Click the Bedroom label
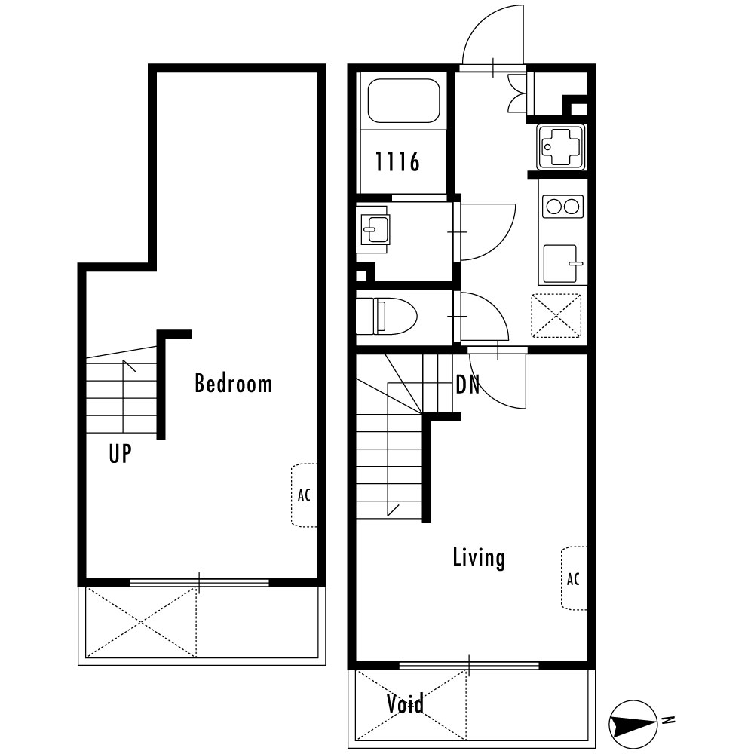pos(233,384)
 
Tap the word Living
pos(479,558)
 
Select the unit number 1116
pos(397,161)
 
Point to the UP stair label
pos(120,453)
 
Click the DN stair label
pos(467,385)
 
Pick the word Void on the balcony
pos(405,703)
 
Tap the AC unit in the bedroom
pos(304,495)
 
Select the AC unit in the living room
pos(574,578)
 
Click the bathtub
pos(403,101)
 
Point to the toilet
pos(386,316)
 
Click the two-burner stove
pos(562,207)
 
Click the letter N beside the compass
pos(667,720)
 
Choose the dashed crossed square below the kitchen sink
pos(556,315)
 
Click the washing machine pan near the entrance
pos(562,147)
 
